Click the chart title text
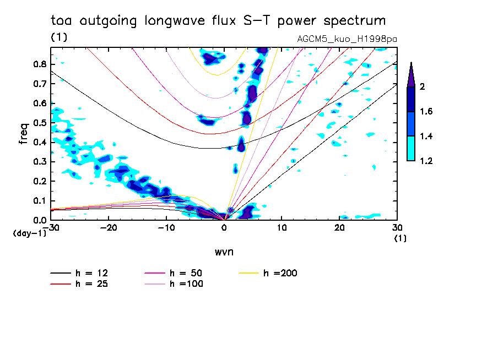(x=218, y=21)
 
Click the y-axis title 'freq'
(x=24, y=134)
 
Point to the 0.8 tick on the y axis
(x=40, y=64)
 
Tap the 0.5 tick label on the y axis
(x=40, y=123)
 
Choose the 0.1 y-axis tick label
(x=40, y=201)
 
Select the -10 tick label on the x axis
(x=166, y=227)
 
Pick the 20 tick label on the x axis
(x=339, y=227)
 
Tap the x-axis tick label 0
(x=224, y=227)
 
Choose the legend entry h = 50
(x=186, y=273)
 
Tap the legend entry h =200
(x=281, y=273)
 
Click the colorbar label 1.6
(x=426, y=112)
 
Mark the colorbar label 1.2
(x=426, y=161)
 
